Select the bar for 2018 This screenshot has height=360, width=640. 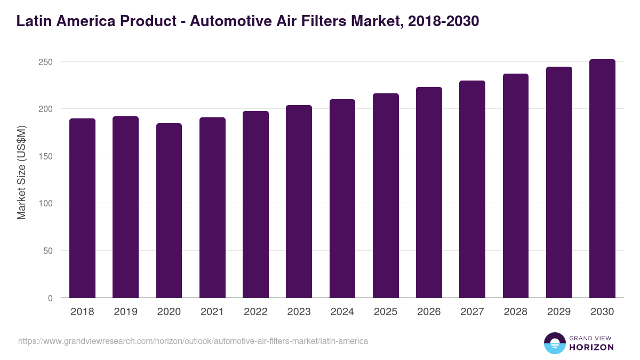tap(82, 208)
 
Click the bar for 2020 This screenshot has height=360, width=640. tap(169, 211)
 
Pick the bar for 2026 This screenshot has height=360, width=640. tap(429, 192)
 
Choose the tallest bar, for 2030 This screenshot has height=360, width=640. tap(602, 179)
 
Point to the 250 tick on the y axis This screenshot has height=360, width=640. tap(46, 62)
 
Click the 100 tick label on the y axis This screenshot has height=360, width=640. tap(46, 204)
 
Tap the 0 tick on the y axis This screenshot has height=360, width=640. tap(50, 298)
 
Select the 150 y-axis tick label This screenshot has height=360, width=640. tap(46, 156)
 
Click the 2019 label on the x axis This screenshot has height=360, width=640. tap(125, 312)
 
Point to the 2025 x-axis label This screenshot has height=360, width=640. tap(386, 312)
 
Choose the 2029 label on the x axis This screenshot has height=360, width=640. tap(559, 312)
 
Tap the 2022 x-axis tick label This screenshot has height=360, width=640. tap(255, 312)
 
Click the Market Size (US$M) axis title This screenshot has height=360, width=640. tap(21, 172)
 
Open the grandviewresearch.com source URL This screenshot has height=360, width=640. tap(193, 341)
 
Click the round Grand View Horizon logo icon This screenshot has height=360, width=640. tap(554, 343)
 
